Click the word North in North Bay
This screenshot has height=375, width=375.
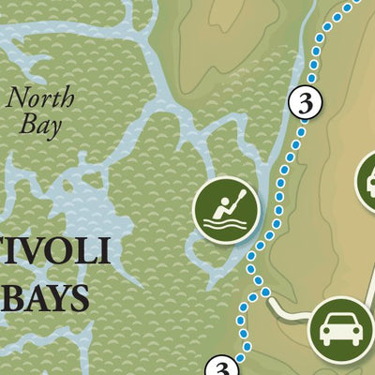tap(38, 96)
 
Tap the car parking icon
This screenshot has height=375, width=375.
tap(339, 327)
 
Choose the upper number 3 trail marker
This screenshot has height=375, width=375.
tap(304, 102)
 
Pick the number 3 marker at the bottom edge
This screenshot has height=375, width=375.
tap(222, 369)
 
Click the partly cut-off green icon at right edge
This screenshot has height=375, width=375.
tap(367, 184)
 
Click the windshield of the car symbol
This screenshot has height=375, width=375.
tap(339, 320)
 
